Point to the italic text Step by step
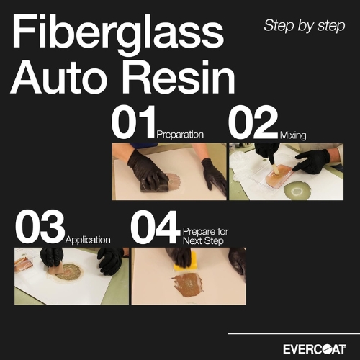305,26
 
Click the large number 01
133,122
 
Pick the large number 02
253,122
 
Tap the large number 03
40,227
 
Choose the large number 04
156,227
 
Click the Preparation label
180,135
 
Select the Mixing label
293,135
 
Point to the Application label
88,240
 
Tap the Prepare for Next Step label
205,236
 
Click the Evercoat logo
315,349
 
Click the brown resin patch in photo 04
187,285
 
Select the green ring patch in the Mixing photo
297,191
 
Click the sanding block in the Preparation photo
154,184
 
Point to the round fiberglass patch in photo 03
68,272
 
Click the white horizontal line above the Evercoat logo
294,333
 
